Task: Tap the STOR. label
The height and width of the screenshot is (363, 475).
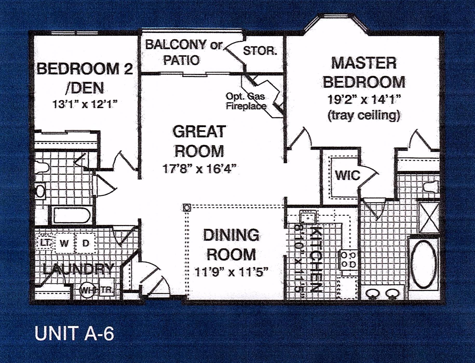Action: [x=260, y=51]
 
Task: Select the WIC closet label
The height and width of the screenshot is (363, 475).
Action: [x=348, y=175]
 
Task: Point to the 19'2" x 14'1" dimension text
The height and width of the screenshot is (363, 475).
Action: [x=364, y=99]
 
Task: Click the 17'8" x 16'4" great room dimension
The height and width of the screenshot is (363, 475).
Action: [x=199, y=169]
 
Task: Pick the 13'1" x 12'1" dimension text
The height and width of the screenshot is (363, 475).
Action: [x=85, y=104]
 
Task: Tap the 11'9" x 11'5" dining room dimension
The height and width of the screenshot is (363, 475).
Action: [x=231, y=272]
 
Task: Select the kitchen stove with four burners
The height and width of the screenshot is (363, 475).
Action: [x=348, y=260]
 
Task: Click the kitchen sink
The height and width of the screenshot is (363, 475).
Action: [x=308, y=217]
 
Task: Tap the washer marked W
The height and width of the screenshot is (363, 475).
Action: [x=64, y=243]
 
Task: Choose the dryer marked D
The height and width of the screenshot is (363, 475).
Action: [x=86, y=243]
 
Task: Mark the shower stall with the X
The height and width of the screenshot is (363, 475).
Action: [x=429, y=217]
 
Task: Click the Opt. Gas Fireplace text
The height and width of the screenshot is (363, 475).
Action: [x=246, y=101]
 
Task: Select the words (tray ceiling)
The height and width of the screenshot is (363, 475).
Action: [x=364, y=115]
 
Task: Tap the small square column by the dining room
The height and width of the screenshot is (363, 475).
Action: [x=187, y=208]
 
